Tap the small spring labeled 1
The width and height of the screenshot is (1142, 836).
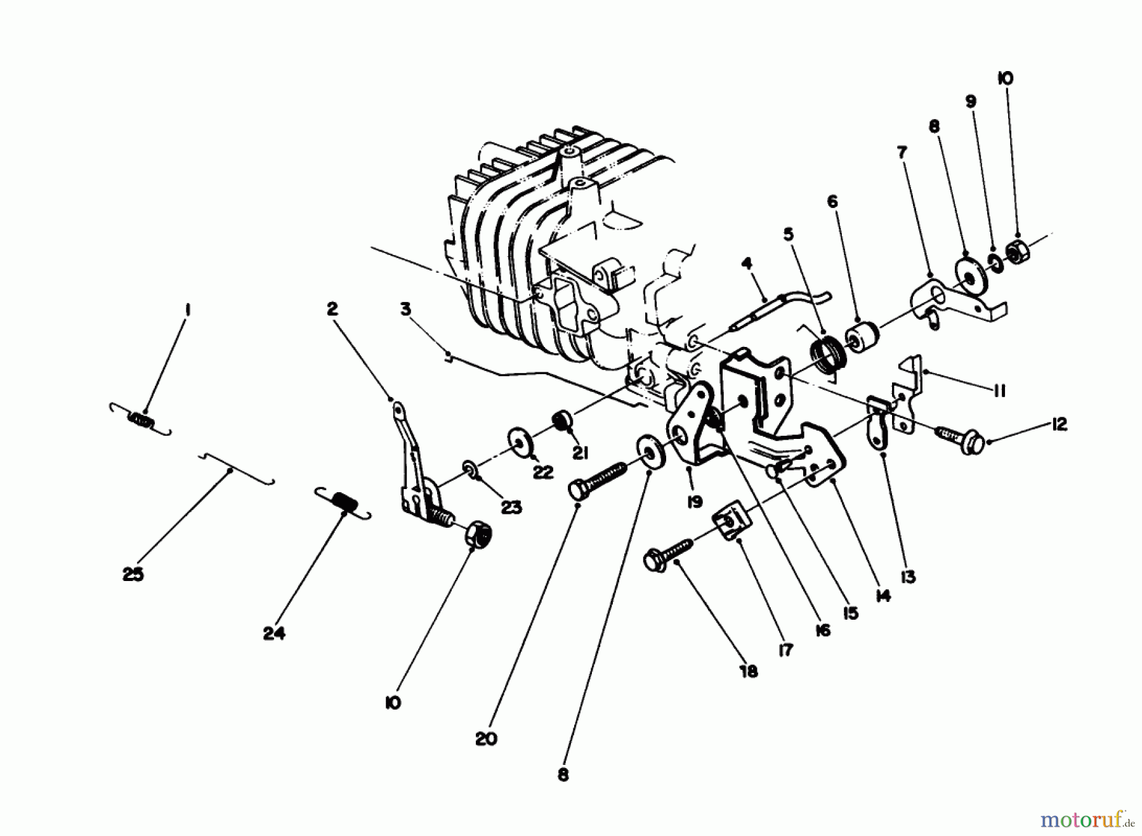[141, 421]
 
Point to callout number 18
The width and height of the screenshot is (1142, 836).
[749, 671]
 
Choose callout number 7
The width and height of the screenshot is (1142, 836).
[902, 152]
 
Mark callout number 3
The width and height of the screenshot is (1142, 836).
[405, 309]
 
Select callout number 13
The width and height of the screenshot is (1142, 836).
[909, 577]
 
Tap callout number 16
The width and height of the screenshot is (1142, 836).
[823, 630]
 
